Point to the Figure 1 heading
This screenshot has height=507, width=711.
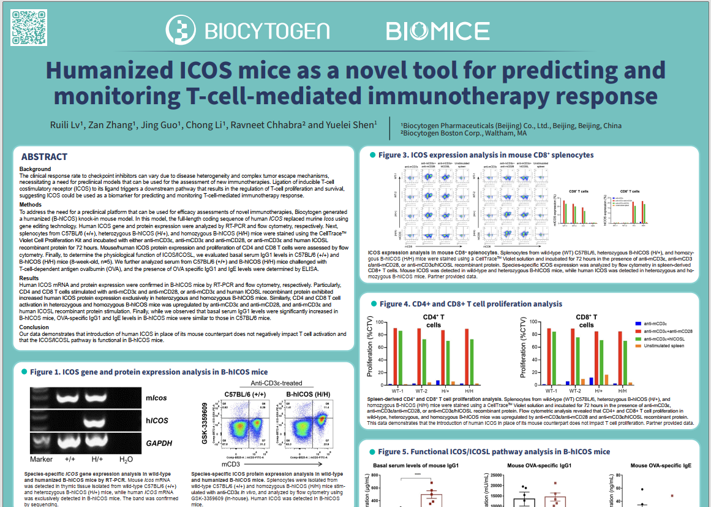tap(149, 372)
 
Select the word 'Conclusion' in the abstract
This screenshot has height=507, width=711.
tap(34, 327)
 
